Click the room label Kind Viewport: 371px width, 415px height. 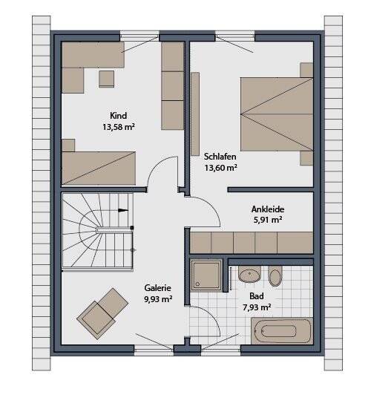118,116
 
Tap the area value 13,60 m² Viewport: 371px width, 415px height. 220,168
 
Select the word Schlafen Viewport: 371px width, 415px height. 220,157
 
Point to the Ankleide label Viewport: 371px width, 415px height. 268,209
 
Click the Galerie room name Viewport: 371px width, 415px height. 157,288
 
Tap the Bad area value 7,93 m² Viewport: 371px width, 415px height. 257,307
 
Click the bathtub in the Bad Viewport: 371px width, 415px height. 282,331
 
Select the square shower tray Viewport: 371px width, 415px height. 206,275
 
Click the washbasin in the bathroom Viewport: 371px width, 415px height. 249,274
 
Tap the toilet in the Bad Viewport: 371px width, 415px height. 275,276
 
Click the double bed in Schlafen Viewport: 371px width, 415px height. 277,114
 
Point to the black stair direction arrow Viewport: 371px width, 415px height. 122,210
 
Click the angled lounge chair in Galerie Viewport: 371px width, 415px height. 102,313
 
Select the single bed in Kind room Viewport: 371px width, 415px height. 99,168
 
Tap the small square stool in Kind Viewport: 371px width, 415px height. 107,79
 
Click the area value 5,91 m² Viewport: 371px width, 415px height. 268,220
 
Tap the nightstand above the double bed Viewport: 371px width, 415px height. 306,70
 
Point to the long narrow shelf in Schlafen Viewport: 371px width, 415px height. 195,114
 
